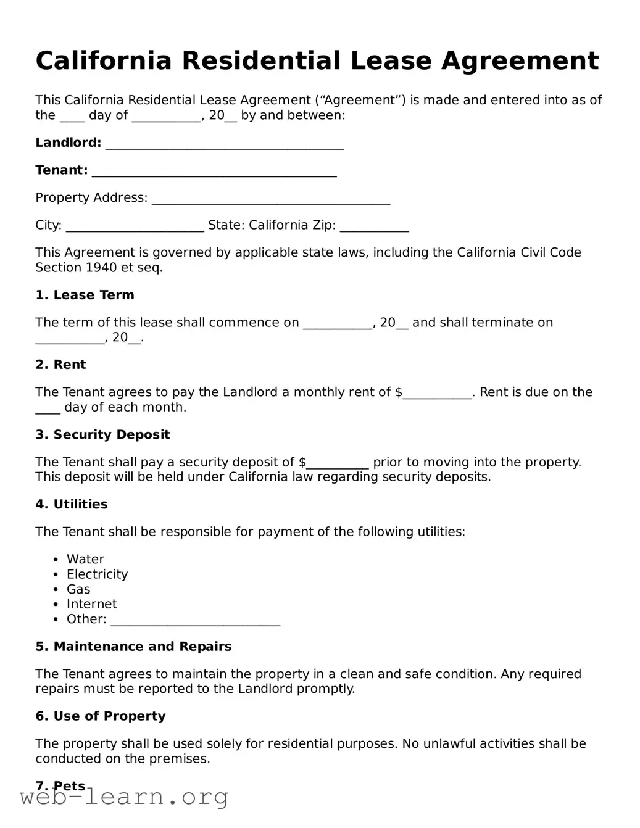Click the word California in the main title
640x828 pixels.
103,61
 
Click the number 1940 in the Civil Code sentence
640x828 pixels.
101,268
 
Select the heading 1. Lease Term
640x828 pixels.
85,295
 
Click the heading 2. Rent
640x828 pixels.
60,365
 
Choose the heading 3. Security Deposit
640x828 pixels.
102,434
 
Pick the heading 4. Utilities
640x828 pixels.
72,504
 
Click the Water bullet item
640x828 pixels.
85,559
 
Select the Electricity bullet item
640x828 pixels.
97,574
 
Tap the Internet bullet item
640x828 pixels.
91,604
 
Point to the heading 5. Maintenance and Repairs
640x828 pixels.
133,647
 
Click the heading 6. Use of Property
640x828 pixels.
101,716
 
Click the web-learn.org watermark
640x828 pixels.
124,798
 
